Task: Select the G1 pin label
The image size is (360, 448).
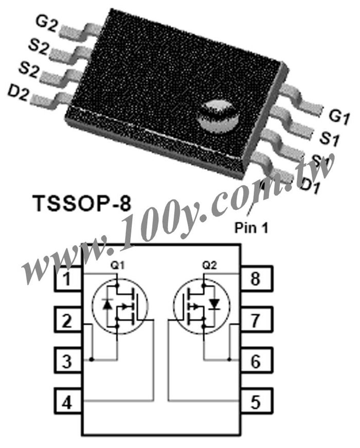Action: [339, 117]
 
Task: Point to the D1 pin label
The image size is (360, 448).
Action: [311, 186]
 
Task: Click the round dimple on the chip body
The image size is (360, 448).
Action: [219, 117]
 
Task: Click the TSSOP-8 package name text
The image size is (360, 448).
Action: [83, 204]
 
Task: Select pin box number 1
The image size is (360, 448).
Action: [68, 279]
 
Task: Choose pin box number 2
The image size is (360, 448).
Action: [68, 320]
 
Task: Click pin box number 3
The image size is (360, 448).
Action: [68, 361]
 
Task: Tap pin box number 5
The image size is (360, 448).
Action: [256, 401]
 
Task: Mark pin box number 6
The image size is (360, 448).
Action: [256, 361]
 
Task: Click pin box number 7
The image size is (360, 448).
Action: [256, 320]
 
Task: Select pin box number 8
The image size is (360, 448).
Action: [256, 279]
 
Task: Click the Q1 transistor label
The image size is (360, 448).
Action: [117, 265]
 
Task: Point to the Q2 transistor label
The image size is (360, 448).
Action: [210, 265]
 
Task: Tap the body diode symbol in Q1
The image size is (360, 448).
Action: [107, 305]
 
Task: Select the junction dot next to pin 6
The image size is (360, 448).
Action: [229, 359]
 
